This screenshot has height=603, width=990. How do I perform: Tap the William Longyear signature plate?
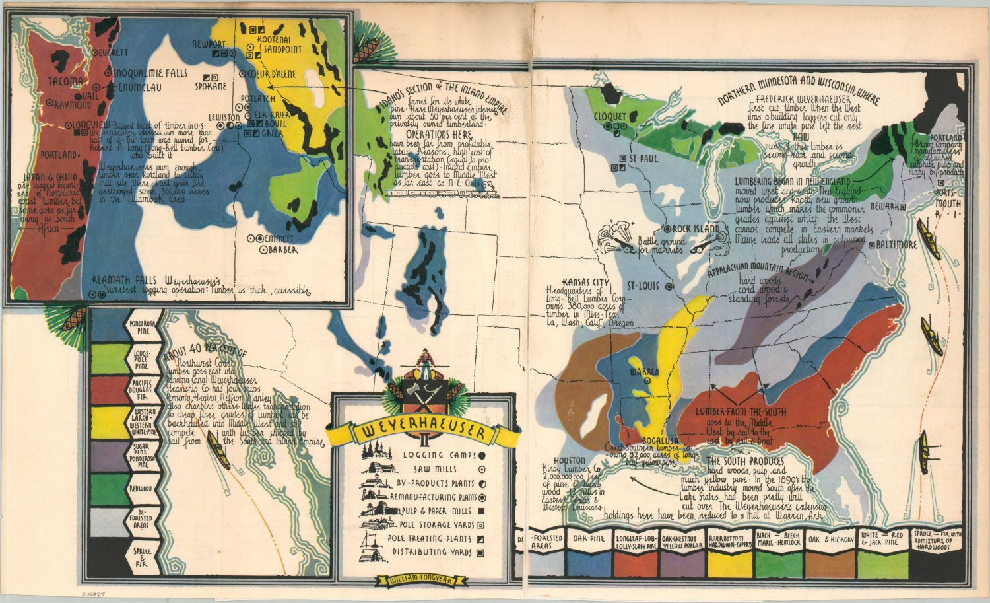(x=422, y=581)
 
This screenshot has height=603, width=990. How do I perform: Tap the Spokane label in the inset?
(x=211, y=86)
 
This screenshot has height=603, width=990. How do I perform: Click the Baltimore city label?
(x=896, y=244)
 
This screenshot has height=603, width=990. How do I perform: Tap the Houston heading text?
(x=570, y=460)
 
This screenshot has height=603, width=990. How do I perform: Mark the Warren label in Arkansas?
(x=646, y=372)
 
